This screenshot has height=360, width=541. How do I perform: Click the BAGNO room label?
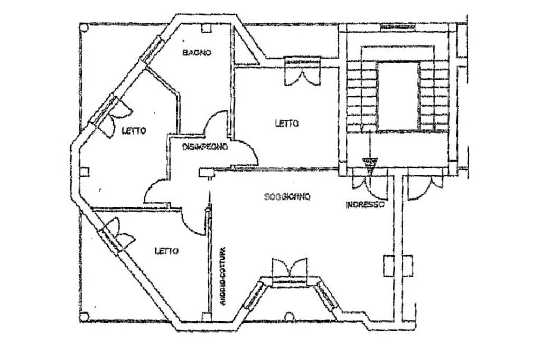pyautogui.click(x=197, y=52)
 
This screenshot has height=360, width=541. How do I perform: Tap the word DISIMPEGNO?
pyautogui.click(x=206, y=147)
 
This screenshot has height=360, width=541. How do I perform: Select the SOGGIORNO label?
pyautogui.click(x=287, y=197)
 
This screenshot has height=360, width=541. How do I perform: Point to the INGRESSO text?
pyautogui.click(x=364, y=205)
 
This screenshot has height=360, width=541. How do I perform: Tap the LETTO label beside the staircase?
pyautogui.click(x=287, y=123)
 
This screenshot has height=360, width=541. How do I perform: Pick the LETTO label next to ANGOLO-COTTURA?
pyautogui.click(x=166, y=251)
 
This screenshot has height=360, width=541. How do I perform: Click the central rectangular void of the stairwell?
pyautogui.click(x=398, y=96)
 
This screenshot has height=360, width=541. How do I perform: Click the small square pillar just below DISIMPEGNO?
pyautogui.click(x=204, y=172)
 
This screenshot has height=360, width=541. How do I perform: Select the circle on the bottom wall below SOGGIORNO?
pyautogui.click(x=288, y=316)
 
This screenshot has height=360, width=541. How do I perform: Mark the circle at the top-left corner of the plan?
pyautogui.click(x=83, y=29)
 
